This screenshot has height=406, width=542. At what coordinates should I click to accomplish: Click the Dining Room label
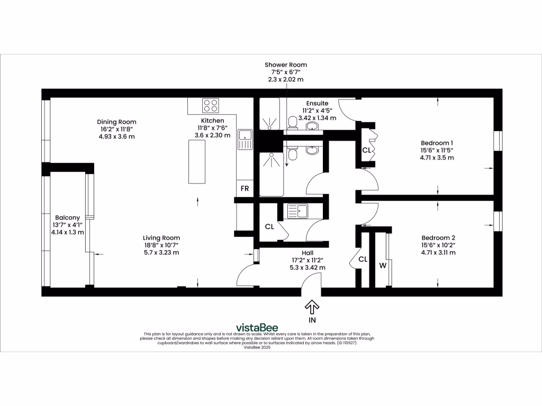coord(116,122)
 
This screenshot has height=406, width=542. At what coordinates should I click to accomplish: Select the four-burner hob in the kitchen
coord(211,106)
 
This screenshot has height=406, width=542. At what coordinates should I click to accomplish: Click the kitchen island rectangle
coord(197,163)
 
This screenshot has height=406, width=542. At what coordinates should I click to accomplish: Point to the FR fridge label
coord(245,188)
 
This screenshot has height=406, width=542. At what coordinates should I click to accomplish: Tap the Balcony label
coord(67,218)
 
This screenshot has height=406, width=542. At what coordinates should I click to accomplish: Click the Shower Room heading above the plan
coord(286,65)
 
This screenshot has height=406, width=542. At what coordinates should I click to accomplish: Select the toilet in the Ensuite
coord(292,123)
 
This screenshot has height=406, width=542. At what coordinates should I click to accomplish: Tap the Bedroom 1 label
coord(437,143)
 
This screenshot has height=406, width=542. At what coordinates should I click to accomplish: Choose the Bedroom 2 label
coord(438,238)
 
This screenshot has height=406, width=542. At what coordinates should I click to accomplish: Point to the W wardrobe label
coord(382,265)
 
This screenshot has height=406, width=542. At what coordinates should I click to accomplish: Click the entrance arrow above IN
coord(312,306)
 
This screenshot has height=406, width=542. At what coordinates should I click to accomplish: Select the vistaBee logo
coord(257,327)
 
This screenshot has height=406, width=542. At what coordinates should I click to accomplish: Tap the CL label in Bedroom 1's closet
coord(366,150)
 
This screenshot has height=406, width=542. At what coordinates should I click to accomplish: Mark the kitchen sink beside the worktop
coord(246,140)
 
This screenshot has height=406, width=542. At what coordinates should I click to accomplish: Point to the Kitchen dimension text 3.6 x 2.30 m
coord(212,135)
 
